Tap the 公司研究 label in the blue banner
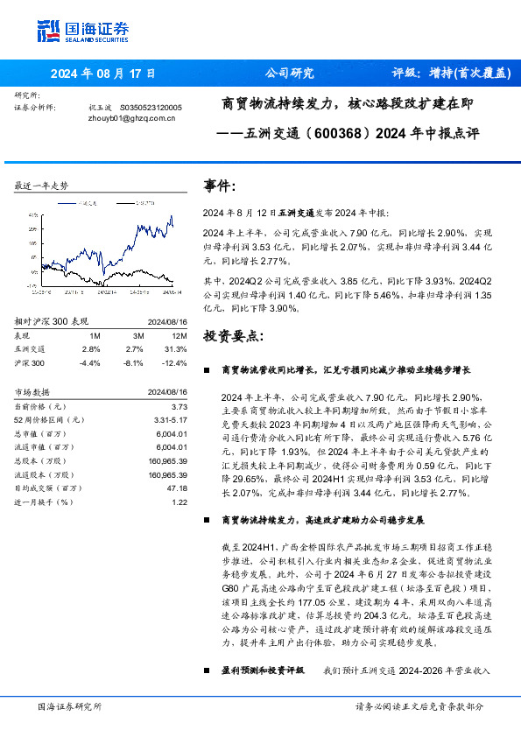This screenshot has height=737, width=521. (289, 74)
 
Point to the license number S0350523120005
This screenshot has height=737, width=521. (151, 107)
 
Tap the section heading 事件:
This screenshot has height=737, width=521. (220, 186)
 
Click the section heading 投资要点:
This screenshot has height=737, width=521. (232, 335)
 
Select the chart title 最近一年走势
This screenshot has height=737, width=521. (42, 186)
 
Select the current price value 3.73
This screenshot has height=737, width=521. (180, 407)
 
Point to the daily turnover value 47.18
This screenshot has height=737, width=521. (178, 488)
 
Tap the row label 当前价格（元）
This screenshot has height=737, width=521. (40, 407)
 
